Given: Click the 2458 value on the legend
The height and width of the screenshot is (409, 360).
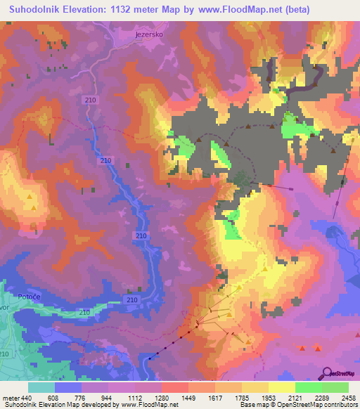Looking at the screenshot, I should [340, 397].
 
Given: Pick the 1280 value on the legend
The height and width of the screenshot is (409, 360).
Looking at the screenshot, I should [171, 397].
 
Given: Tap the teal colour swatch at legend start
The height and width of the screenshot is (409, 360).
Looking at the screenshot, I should [41, 387].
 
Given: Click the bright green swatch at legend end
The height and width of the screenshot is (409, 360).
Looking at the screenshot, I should [335, 387].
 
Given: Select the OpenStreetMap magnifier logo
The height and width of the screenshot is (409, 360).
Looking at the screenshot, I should [326, 373].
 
